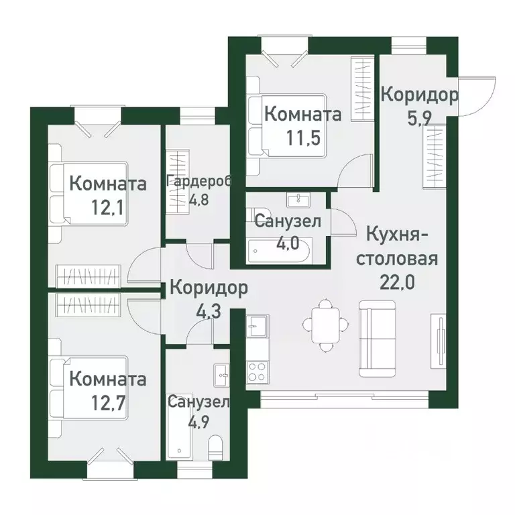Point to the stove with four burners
(255, 370)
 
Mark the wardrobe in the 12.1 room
(89, 274)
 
